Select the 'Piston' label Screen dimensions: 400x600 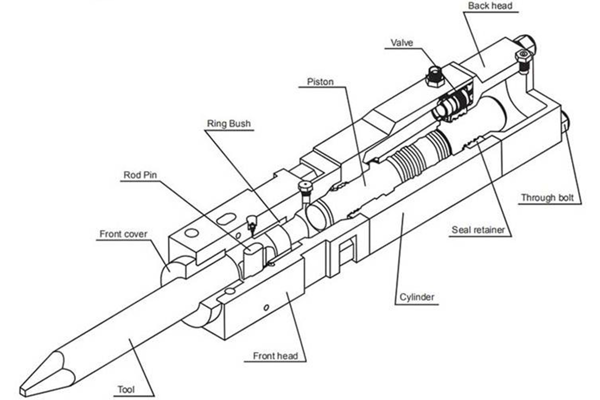click(x=320, y=81)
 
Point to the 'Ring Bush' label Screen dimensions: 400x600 click(x=229, y=123)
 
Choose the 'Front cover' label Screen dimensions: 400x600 click(x=123, y=233)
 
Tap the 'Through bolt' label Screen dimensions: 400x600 click(x=551, y=197)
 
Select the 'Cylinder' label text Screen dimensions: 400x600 click(x=417, y=298)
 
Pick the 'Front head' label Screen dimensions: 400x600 click(x=275, y=356)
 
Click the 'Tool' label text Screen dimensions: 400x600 click(x=126, y=389)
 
